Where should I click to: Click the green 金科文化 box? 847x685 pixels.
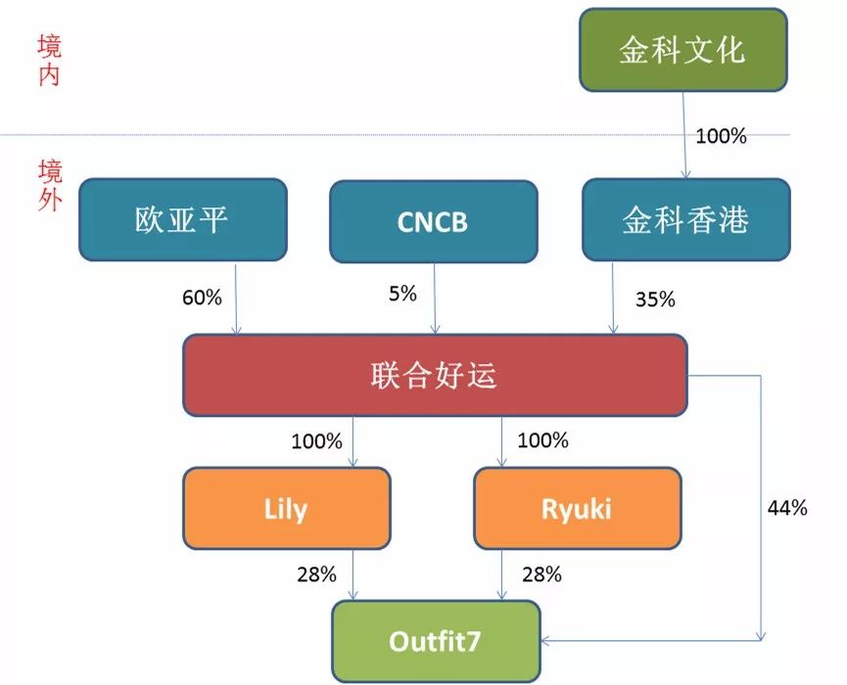[682, 51]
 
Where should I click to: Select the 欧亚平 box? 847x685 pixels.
[182, 219]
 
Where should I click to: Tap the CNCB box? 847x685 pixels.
[433, 221]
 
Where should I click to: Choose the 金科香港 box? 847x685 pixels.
[685, 219]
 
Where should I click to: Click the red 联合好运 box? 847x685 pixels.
[435, 375]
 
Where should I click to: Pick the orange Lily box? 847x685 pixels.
[286, 509]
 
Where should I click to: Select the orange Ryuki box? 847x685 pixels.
[576, 509]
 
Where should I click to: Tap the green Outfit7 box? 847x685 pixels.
[436, 641]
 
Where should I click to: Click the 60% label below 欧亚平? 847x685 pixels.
[202, 297]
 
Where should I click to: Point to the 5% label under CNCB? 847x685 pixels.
[401, 293]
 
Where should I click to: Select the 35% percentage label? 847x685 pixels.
[654, 299]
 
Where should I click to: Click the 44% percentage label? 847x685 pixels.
[786, 508]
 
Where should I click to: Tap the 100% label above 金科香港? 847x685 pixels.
[721, 136]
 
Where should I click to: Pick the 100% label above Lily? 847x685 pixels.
[316, 441]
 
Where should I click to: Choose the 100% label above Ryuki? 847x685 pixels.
[541, 440]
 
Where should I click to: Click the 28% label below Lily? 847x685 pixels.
[317, 574]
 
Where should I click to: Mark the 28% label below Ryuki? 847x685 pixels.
[541, 574]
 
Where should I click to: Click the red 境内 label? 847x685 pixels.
[49, 61]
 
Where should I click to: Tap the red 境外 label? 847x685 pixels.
[49, 186]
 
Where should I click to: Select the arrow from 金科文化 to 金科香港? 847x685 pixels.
[683, 137]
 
